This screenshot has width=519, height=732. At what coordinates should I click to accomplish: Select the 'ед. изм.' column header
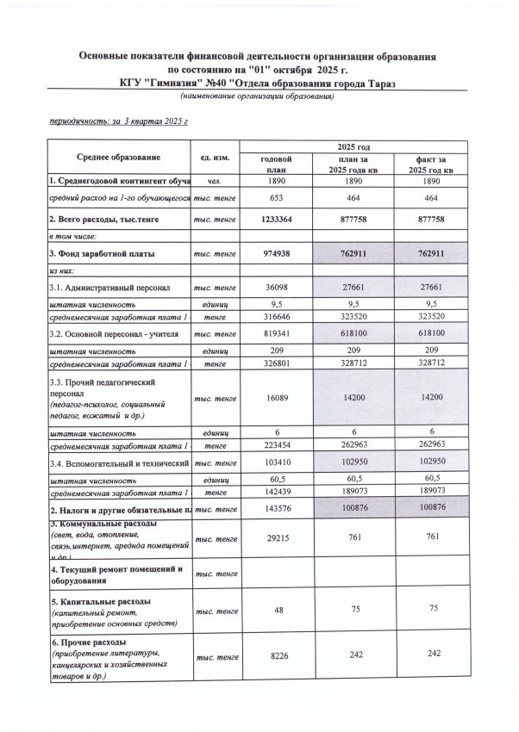click(x=213, y=158)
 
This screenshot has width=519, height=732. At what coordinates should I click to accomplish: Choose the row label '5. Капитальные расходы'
click(x=90, y=600)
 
